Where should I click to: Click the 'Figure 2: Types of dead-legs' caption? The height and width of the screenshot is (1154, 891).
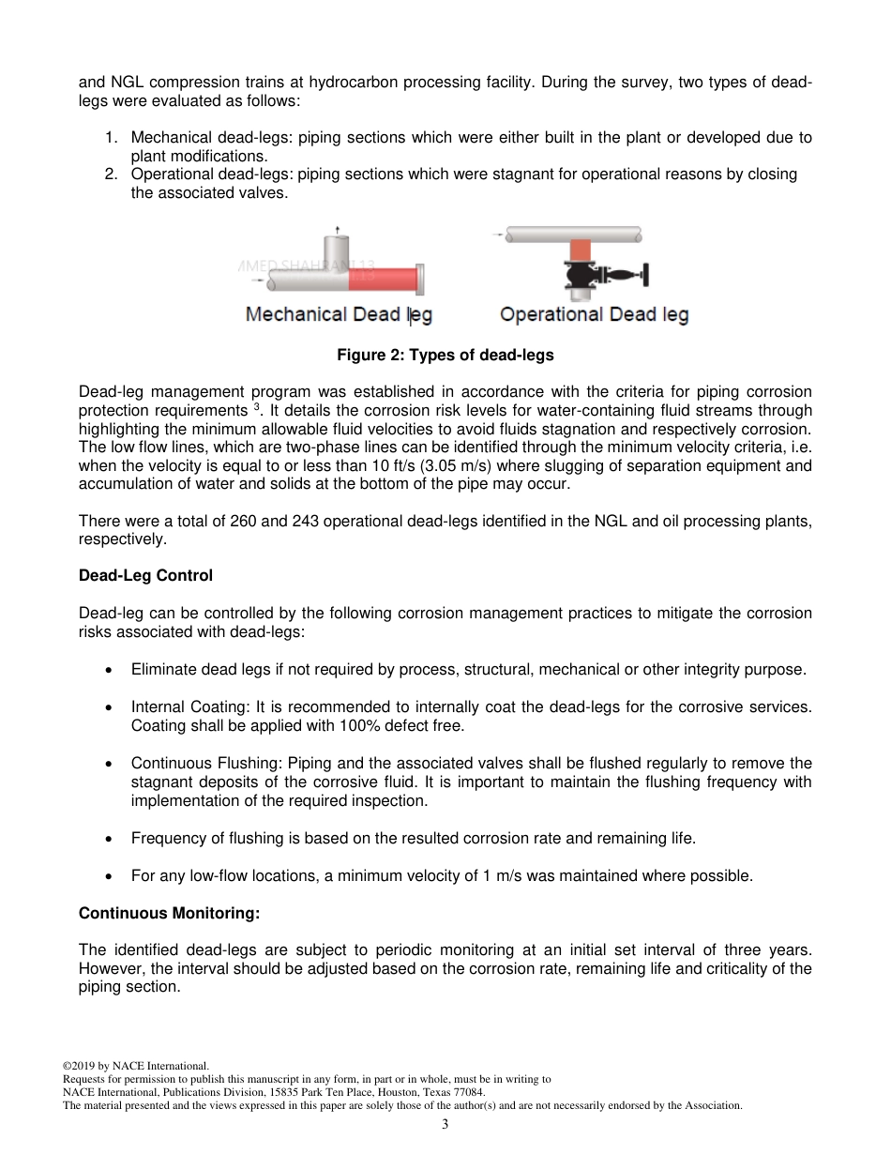click(445, 356)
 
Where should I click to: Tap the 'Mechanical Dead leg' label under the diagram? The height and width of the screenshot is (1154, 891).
click(339, 314)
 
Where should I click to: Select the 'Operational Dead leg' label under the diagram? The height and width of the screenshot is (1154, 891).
click(594, 314)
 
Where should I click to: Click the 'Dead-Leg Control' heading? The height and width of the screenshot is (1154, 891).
click(145, 576)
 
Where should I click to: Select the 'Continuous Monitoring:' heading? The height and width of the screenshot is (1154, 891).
click(169, 913)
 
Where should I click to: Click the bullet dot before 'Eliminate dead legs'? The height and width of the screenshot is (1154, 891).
click(111, 670)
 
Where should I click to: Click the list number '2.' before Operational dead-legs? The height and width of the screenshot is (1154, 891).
click(111, 175)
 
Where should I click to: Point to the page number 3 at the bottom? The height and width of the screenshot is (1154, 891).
click(445, 1125)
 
